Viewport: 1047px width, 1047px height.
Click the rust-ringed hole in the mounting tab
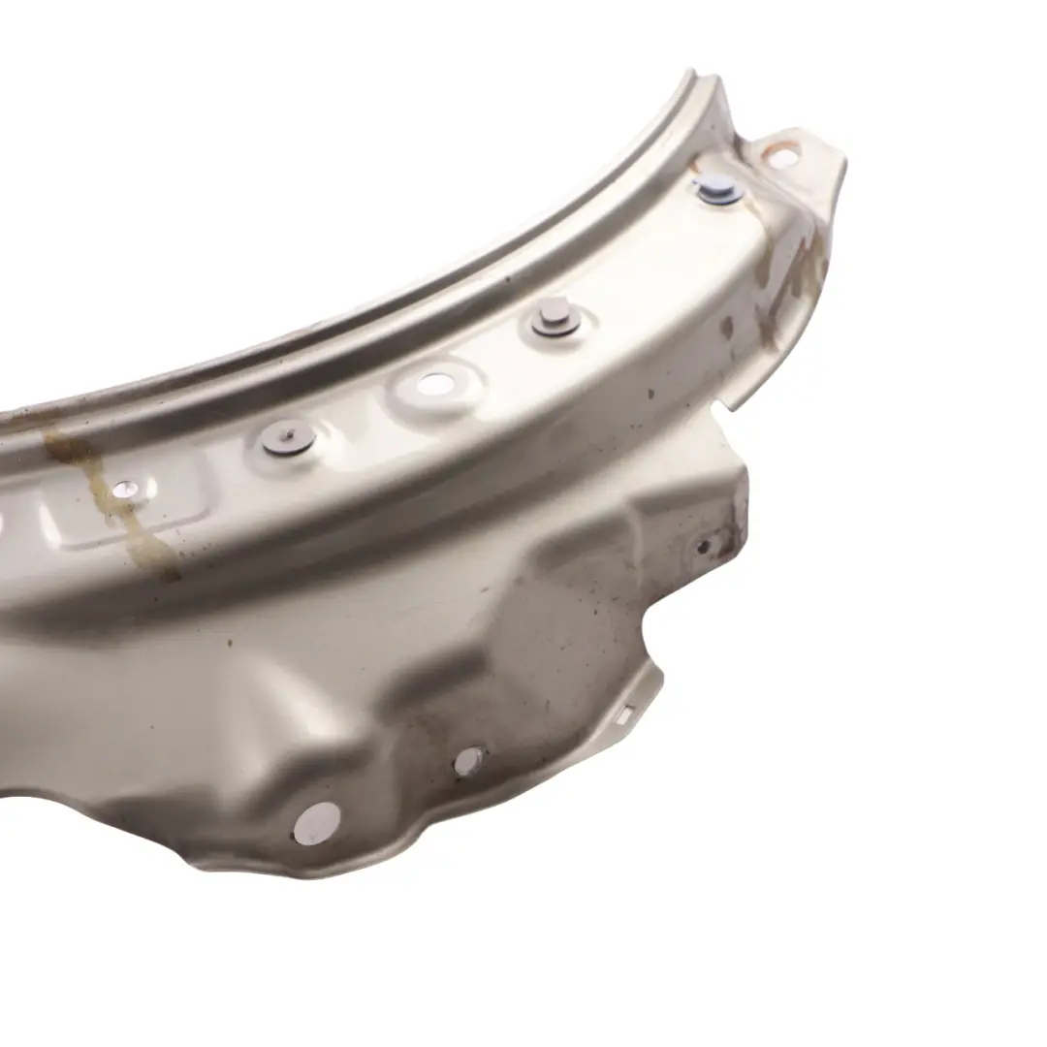tap(779, 152)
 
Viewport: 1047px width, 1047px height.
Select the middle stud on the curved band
tap(552, 318)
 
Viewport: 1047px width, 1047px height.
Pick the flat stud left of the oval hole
tap(288, 437)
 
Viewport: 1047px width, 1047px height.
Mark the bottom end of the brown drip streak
tap(165, 572)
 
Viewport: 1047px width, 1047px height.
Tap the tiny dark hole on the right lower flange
tap(704, 546)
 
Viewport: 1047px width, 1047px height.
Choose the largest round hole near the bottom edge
tap(317, 822)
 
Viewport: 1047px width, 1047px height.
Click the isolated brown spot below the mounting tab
tap(725, 328)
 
